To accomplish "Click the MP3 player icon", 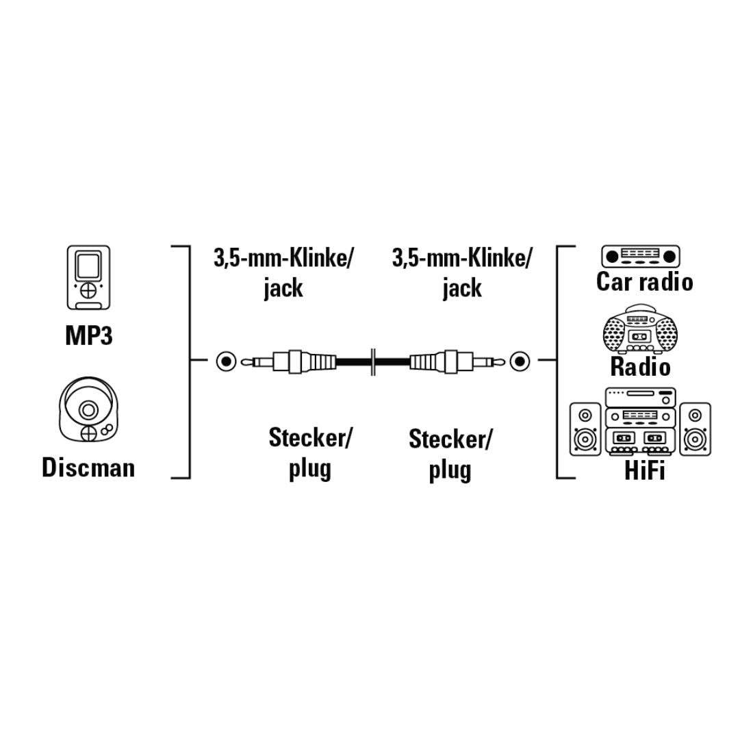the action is click(88, 277).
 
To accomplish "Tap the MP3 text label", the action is click(89, 335).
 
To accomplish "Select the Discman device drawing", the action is click(88, 409).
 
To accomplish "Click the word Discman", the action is click(88, 468).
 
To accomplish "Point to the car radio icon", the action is click(641, 257).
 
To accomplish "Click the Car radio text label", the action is click(644, 281).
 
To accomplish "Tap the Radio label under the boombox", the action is click(640, 367).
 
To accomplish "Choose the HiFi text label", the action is click(644, 470).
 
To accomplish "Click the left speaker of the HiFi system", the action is click(585, 429).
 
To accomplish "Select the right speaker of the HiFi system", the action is click(695, 429).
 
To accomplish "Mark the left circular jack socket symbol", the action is click(226, 361).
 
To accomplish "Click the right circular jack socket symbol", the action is click(519, 361).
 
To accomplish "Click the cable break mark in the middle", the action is click(372, 361).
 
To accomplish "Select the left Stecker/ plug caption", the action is click(309, 453).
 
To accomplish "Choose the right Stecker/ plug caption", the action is click(450, 455).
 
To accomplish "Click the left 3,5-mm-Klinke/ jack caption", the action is click(283, 273).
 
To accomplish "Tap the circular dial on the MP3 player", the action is click(88, 290).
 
